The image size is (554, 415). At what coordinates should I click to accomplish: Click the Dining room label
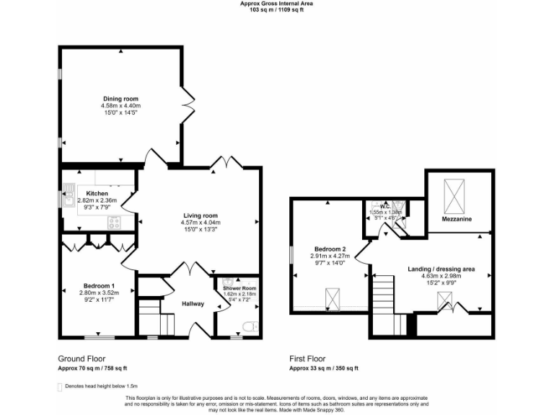coord(120,99)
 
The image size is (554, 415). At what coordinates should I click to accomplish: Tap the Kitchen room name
coord(97,194)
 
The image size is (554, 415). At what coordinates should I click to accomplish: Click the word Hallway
coord(193,304)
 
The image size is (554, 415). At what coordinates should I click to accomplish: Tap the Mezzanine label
coord(457,218)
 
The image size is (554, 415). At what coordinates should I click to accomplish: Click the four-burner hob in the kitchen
coord(115,223)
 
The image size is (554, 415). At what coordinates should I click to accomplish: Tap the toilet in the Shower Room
coord(249,329)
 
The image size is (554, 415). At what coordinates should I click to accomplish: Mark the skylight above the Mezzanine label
coord(457,192)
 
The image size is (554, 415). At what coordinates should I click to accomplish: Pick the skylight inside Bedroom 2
coord(333,297)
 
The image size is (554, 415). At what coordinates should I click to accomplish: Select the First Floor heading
coord(307,358)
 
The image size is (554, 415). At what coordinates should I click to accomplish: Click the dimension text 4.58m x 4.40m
coord(120,106)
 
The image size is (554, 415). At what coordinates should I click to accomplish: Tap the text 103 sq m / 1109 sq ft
coord(277,10)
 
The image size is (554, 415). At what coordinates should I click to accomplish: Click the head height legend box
coord(59,387)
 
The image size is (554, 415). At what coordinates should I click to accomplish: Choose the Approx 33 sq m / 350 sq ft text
coord(324,368)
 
